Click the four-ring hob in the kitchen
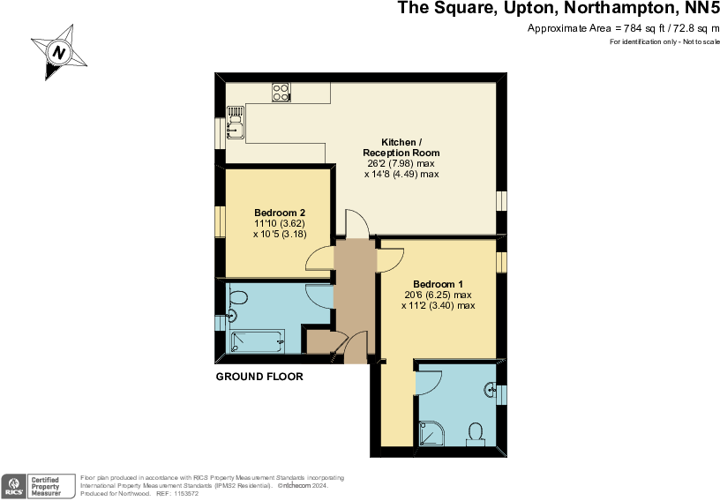[281, 92]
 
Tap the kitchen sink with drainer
[235, 123]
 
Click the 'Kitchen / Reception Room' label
[401, 147]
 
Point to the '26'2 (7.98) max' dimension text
[401, 163]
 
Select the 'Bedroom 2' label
[280, 213]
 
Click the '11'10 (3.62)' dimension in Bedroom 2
[280, 223]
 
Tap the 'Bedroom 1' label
[439, 283]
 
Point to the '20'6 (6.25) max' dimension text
[439, 295]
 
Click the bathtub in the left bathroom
[257, 341]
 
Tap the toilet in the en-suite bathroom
[476, 433]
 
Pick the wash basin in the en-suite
[490, 389]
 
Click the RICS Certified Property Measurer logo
[39, 485]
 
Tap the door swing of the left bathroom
[319, 295]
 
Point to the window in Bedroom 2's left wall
[220, 221]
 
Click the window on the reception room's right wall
[500, 201]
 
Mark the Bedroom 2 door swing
[318, 258]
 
